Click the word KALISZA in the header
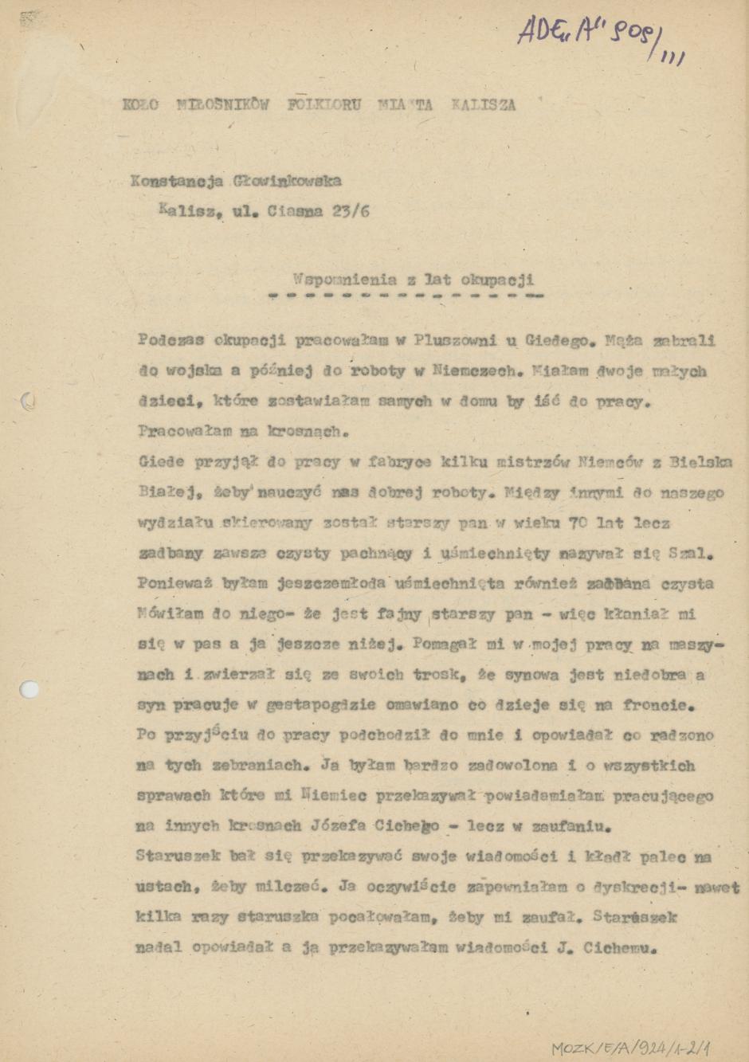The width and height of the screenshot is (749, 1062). pyautogui.click(x=483, y=104)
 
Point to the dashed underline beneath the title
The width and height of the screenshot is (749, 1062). pyautogui.click(x=406, y=296)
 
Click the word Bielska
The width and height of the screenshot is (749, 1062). pyautogui.click(x=700, y=462)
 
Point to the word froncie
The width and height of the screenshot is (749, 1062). pyautogui.click(x=660, y=705)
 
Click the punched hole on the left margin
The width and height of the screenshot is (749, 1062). pyautogui.click(x=29, y=689)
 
